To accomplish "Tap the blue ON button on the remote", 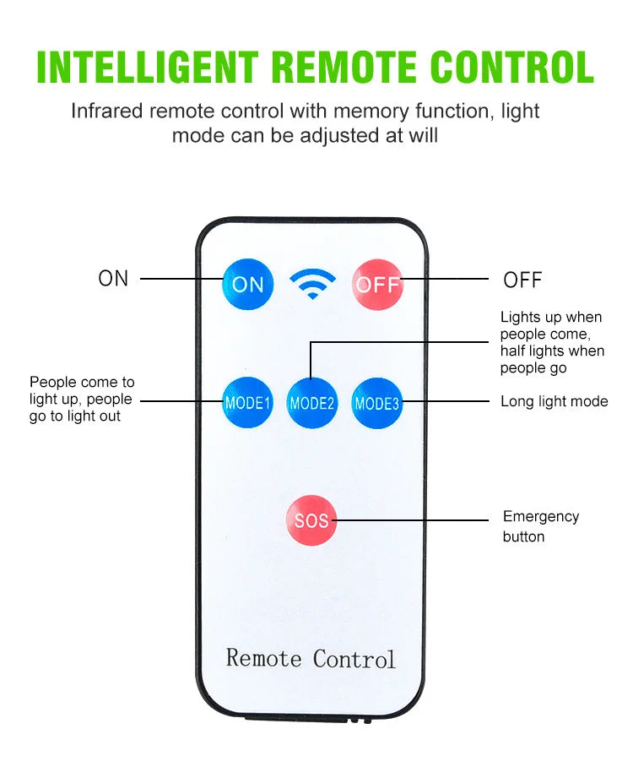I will (x=247, y=285).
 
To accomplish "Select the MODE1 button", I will (x=247, y=403).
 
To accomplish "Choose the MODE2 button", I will (x=312, y=403).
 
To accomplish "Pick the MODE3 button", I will (x=376, y=403).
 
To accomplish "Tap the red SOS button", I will (x=311, y=520).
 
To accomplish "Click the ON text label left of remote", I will (x=113, y=279).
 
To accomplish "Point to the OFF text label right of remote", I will (x=522, y=280).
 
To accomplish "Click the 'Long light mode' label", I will (x=554, y=401).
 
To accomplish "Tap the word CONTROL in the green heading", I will (x=511, y=67).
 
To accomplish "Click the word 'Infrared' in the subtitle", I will (x=106, y=111).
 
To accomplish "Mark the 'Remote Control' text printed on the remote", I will (x=311, y=658).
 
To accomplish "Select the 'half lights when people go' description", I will (x=551, y=359).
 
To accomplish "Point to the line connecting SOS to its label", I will (x=414, y=520).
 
